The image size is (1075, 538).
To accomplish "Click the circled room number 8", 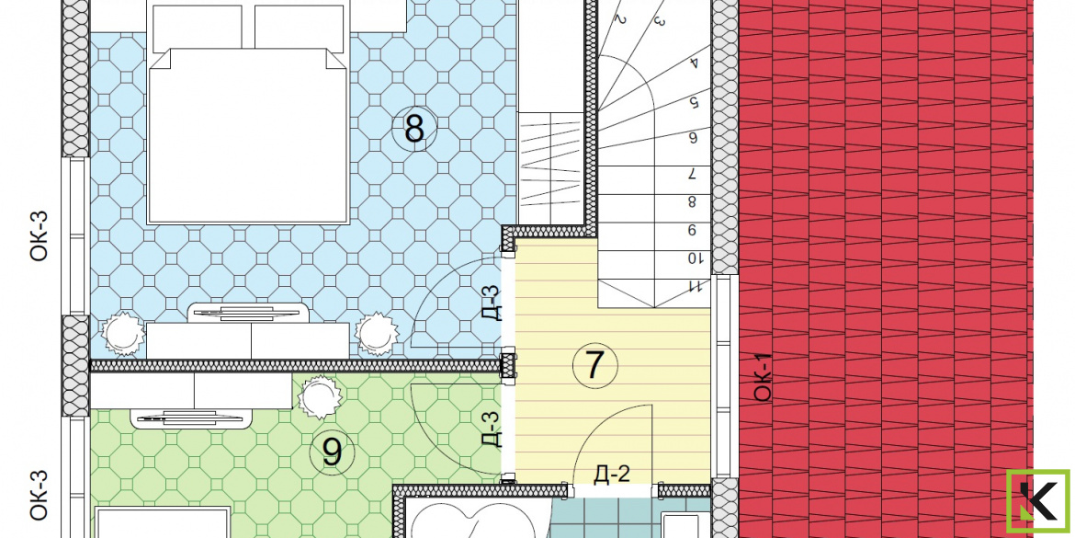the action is tap(414, 129).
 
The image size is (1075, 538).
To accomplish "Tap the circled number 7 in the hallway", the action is tap(594, 366).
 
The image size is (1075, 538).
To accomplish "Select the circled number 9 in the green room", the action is tap(332, 452).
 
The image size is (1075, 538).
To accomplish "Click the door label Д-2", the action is tap(612, 473).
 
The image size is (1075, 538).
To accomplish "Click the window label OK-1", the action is tap(763, 377).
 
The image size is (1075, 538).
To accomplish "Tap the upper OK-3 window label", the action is tap(40, 235).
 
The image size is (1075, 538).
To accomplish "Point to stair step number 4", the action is tap(693, 63).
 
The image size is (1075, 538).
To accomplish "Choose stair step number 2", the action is tap(620, 19).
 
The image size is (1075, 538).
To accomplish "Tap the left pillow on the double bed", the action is tap(198, 29).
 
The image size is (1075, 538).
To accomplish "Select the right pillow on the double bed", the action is tap(299, 29).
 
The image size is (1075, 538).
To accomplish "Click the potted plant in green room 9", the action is tap(319, 396).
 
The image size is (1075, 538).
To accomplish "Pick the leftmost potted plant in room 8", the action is tap(123, 333).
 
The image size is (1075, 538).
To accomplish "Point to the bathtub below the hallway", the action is tap(479, 518).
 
